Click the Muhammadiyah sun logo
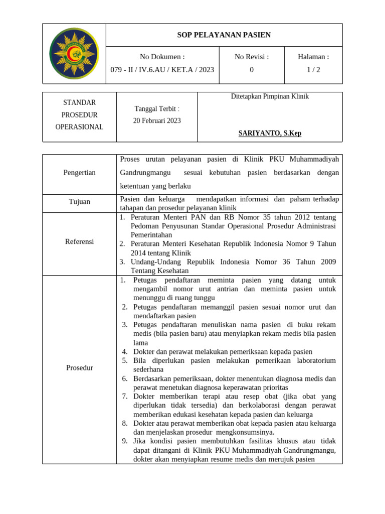[74, 53]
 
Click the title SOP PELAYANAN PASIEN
[224, 35]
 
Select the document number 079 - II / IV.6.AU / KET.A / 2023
[162, 70]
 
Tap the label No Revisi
[252, 57]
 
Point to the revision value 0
[252, 70]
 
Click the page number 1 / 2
[313, 70]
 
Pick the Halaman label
[313, 57]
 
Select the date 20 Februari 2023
[157, 120]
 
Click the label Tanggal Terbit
[157, 109]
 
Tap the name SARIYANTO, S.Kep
[270, 133]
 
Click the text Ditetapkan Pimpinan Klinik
[270, 96]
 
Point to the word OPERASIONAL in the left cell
[79, 127]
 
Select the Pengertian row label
[79, 173]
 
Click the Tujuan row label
[79, 202]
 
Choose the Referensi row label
[79, 241]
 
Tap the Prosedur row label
[79, 368]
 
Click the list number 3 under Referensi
[122, 262]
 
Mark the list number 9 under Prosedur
[125, 441]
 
